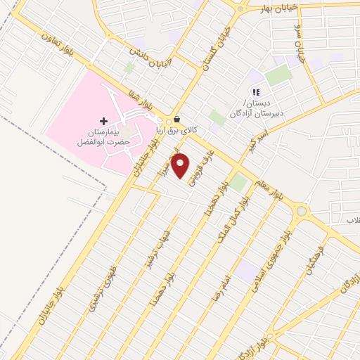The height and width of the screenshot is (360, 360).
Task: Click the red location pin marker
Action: pos(181,165)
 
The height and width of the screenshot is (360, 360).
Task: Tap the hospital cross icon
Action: pos(103,121)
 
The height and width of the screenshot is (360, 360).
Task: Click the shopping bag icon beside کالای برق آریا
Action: pos(176,120)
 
